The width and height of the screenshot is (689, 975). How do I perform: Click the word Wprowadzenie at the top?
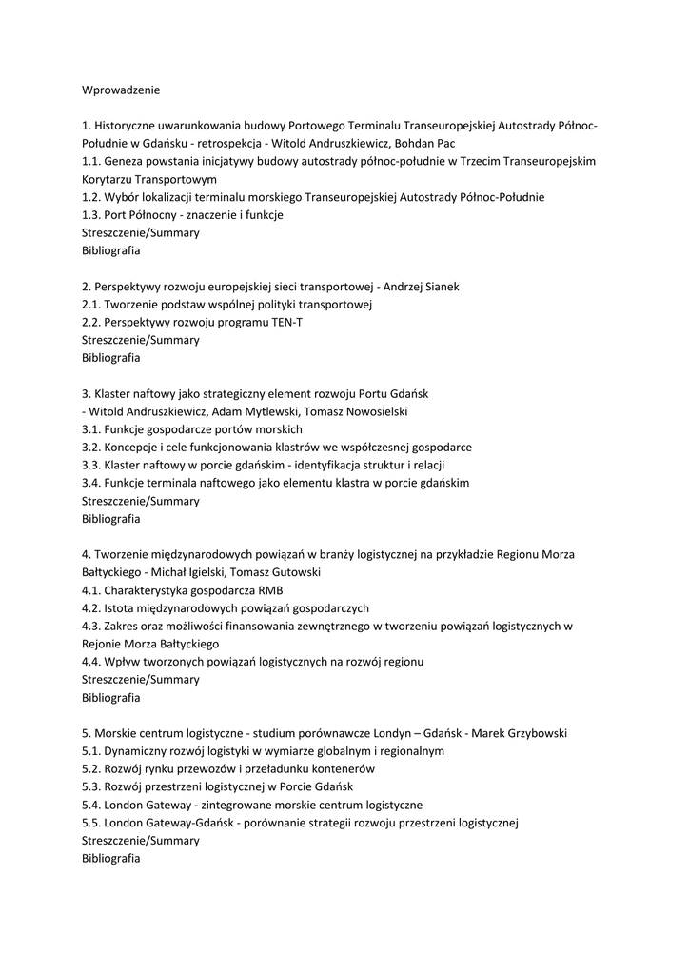click(121, 90)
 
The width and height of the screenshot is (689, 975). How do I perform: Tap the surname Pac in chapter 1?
click(444, 144)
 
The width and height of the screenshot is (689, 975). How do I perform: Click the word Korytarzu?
click(108, 179)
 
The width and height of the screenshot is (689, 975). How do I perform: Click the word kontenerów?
click(340, 769)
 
